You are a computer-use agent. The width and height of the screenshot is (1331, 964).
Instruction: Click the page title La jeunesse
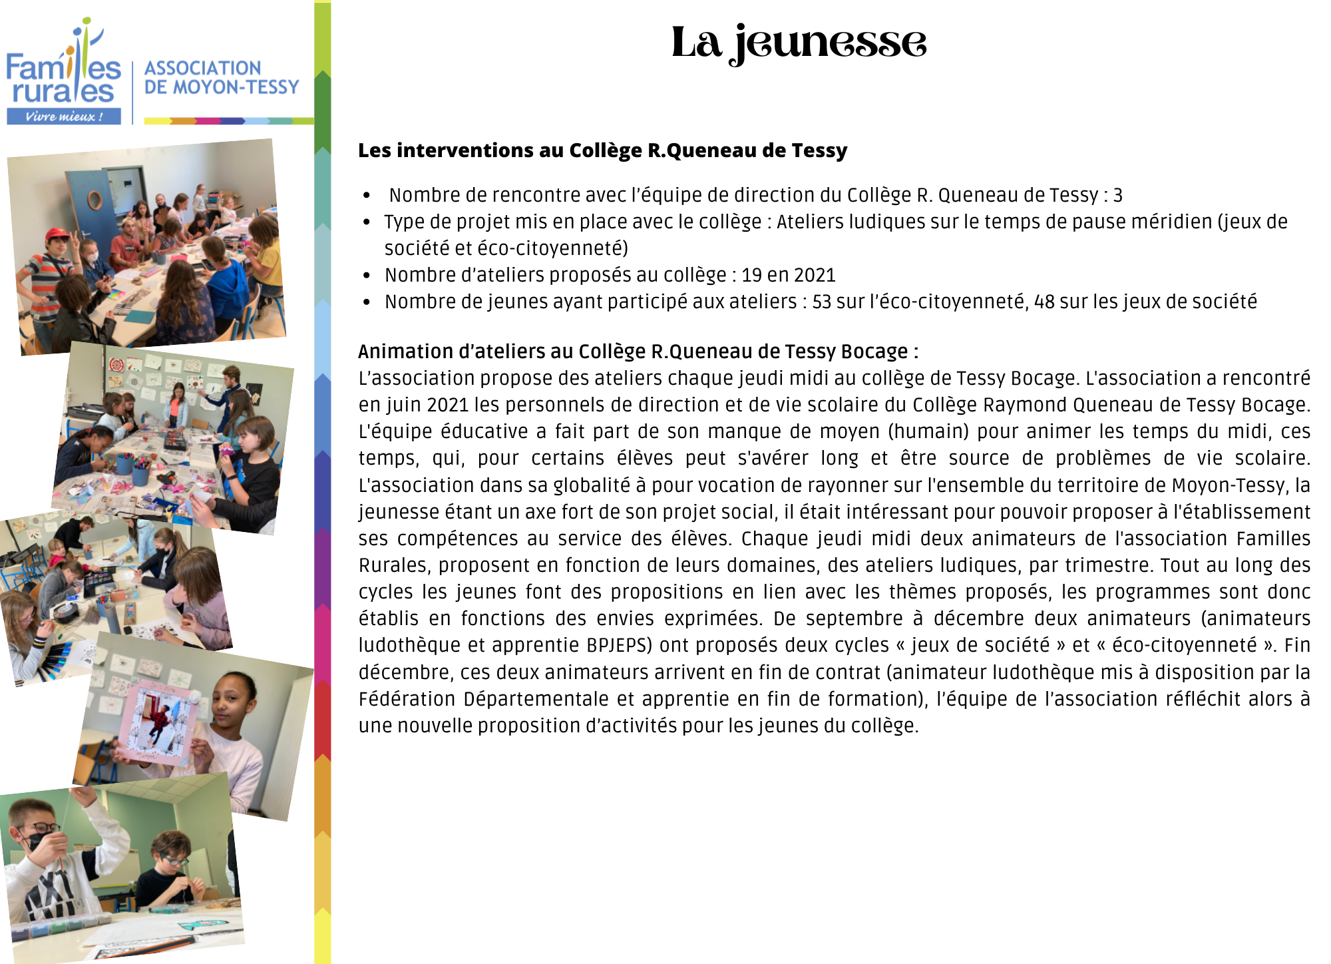[799, 43]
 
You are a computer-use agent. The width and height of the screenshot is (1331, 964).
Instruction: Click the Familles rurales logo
[64, 73]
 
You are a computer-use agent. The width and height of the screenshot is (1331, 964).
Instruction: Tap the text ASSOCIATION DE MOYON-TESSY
[221, 77]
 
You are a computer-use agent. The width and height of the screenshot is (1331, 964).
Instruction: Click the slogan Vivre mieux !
[64, 117]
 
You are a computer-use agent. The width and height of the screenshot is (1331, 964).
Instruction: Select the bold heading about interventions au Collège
[602, 150]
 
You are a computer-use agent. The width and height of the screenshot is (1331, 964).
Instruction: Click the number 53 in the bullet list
[821, 302]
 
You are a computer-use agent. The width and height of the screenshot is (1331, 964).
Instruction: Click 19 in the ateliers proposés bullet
[751, 275]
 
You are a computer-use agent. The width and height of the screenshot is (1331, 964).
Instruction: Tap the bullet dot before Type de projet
[367, 222]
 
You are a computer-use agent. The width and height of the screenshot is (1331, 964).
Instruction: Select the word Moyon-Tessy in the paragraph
[1229, 485]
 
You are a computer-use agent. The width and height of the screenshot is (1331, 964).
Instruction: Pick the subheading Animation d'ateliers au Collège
[638, 352]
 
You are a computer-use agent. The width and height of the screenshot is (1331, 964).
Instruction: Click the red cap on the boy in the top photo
[59, 234]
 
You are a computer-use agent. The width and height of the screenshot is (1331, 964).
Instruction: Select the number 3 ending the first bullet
[1118, 195]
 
